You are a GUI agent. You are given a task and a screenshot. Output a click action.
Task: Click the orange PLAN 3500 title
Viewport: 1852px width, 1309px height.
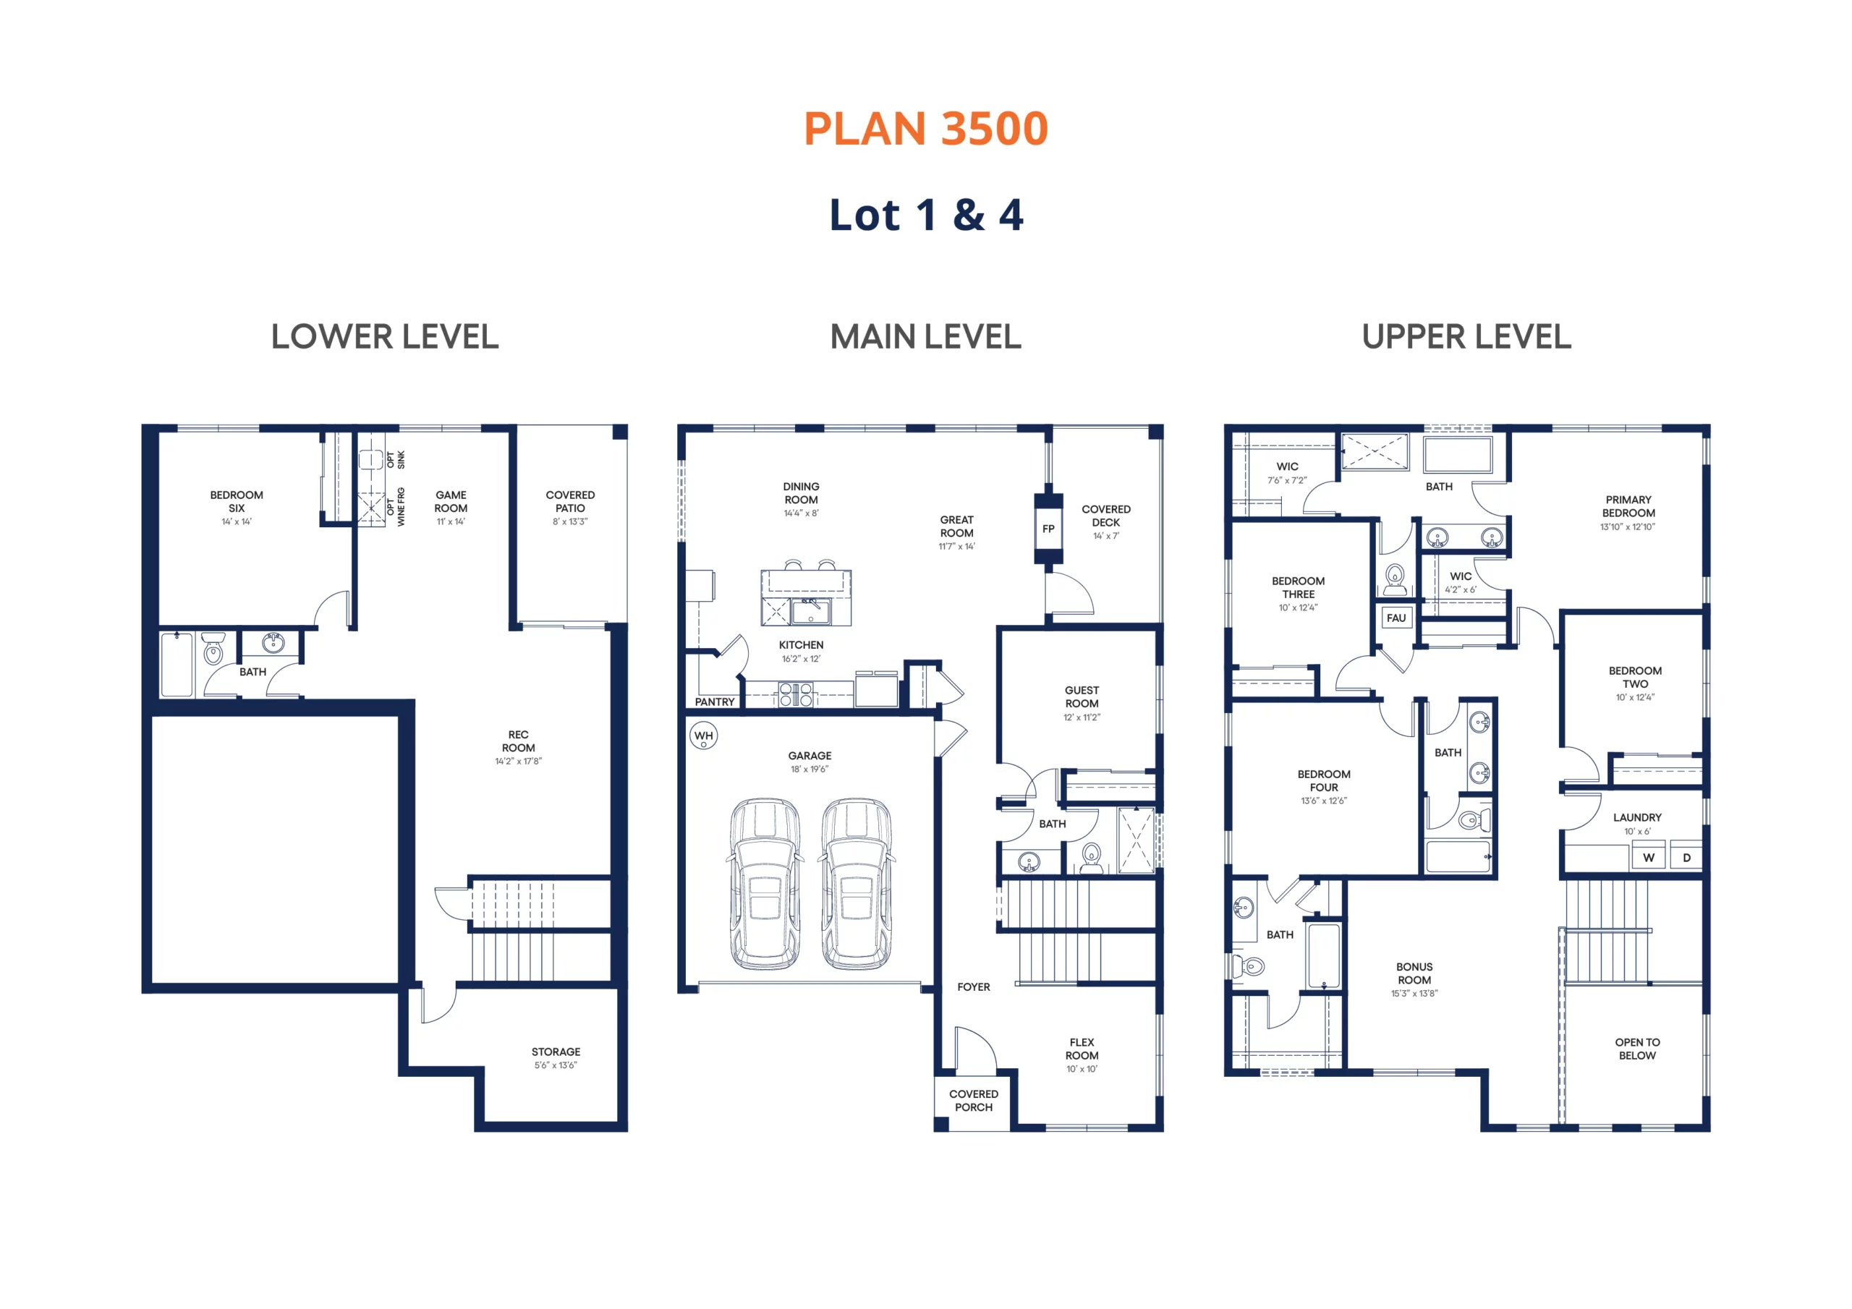(x=926, y=129)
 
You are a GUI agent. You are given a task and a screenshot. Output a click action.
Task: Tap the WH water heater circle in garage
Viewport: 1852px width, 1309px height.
(x=703, y=735)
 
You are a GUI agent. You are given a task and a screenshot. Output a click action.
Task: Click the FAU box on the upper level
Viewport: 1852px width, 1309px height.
(x=1396, y=618)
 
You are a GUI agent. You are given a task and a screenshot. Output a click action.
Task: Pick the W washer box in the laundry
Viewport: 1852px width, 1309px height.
(x=1648, y=857)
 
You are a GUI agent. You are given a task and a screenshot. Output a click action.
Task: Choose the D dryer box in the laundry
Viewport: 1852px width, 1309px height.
(x=1686, y=857)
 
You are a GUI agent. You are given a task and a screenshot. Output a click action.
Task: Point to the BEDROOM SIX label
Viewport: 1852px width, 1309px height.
(x=237, y=502)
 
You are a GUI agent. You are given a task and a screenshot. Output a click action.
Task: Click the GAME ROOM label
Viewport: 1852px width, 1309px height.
(x=451, y=502)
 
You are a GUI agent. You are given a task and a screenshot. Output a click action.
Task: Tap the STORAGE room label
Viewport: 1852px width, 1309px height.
(x=556, y=1052)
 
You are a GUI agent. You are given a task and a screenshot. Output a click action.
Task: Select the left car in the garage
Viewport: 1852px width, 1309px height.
(x=765, y=884)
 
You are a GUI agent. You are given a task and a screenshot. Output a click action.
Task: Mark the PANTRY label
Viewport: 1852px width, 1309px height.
(x=715, y=702)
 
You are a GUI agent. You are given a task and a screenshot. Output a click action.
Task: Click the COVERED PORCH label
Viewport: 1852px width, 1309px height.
(x=974, y=1101)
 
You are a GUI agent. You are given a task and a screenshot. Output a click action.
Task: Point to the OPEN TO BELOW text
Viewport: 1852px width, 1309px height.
(x=1636, y=1049)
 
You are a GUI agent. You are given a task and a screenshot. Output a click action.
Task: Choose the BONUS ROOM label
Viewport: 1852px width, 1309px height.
(x=1414, y=973)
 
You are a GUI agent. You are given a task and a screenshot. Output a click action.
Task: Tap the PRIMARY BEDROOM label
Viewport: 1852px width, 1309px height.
(x=1628, y=506)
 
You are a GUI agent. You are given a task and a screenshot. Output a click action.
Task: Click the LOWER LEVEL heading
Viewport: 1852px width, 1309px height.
(x=385, y=337)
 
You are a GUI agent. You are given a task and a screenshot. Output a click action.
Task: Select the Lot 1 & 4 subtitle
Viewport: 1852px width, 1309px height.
(x=926, y=216)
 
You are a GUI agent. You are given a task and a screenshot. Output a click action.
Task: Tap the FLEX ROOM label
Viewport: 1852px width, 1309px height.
(x=1082, y=1049)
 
